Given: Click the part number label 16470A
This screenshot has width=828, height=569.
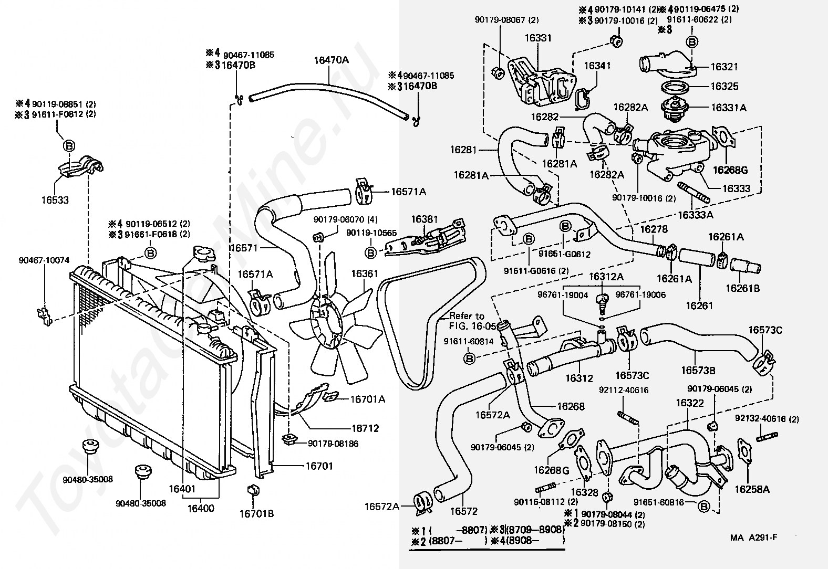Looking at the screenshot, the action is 331,60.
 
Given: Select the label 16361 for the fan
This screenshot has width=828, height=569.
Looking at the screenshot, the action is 365,273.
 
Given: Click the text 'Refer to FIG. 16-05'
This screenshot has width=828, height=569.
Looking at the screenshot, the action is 467,321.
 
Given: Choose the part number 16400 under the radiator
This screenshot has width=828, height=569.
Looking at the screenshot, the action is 201,509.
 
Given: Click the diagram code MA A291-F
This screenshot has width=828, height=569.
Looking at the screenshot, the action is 754,538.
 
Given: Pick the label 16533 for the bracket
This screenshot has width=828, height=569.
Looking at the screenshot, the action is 55,200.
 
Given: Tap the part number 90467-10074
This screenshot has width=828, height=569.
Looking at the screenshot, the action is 44,260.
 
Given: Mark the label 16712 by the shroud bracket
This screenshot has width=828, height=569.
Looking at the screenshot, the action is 365,428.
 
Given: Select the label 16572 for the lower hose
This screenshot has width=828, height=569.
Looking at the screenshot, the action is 464,511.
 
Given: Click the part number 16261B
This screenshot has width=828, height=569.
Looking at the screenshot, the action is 742,288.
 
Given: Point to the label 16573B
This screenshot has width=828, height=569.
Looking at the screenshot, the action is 698,370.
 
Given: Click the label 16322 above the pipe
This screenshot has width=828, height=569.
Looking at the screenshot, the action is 690,403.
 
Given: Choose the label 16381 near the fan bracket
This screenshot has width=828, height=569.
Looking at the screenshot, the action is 425,219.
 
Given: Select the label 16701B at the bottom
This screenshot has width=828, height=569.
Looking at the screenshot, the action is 256,513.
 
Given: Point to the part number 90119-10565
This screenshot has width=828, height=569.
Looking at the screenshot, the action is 371,233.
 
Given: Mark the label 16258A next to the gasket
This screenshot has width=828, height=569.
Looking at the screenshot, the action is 752,489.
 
